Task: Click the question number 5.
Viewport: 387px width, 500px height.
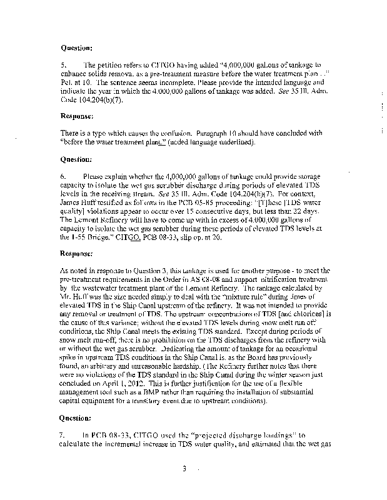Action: pyautogui.click(x=63, y=64)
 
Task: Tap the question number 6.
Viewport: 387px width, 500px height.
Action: pyautogui.click(x=63, y=176)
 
